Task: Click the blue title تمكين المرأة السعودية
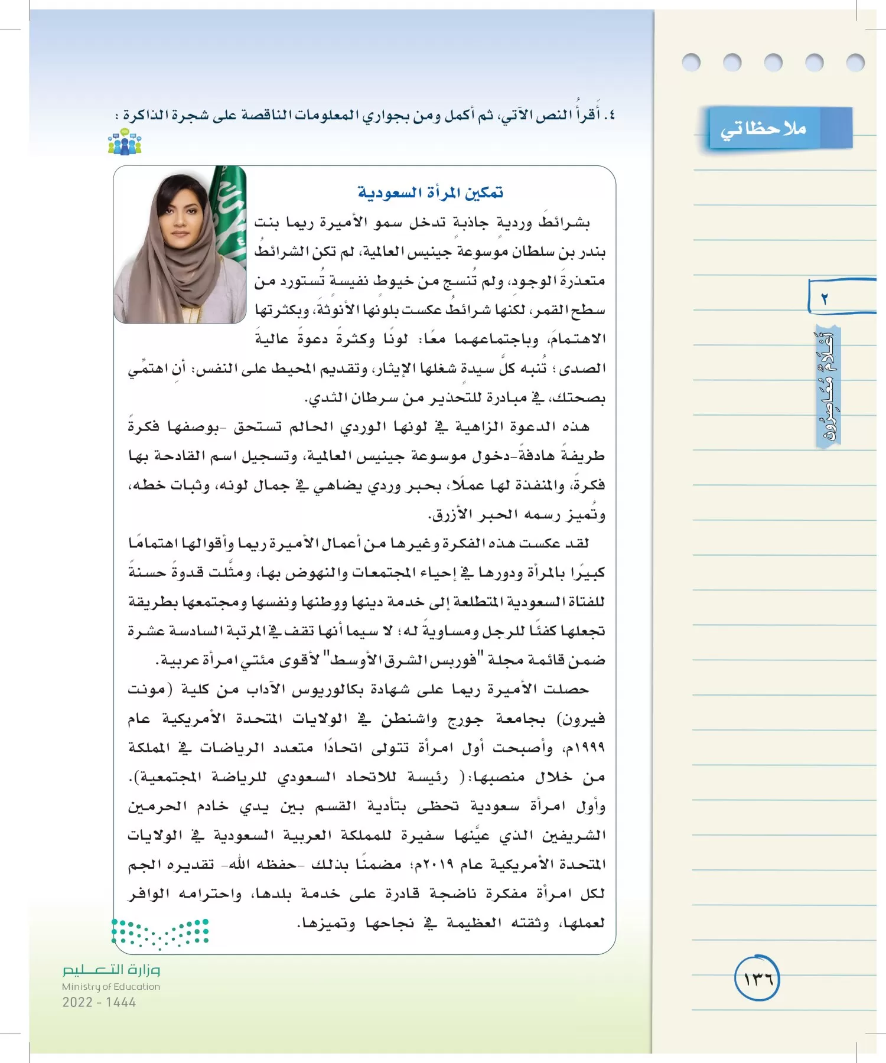pyautogui.click(x=430, y=193)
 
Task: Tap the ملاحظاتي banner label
pyautogui.click(x=763, y=128)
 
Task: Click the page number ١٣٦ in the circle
pyautogui.click(x=757, y=979)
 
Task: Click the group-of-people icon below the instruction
pyautogui.click(x=125, y=142)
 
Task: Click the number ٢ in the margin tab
pyautogui.click(x=825, y=299)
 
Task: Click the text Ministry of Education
pyautogui.click(x=111, y=986)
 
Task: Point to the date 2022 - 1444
pyautogui.click(x=99, y=1002)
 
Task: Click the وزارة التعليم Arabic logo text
pyautogui.click(x=111, y=970)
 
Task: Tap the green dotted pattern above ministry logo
pyautogui.click(x=161, y=933)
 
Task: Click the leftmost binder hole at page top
pyautogui.click(x=690, y=62)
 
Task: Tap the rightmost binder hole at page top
pyautogui.click(x=855, y=62)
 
